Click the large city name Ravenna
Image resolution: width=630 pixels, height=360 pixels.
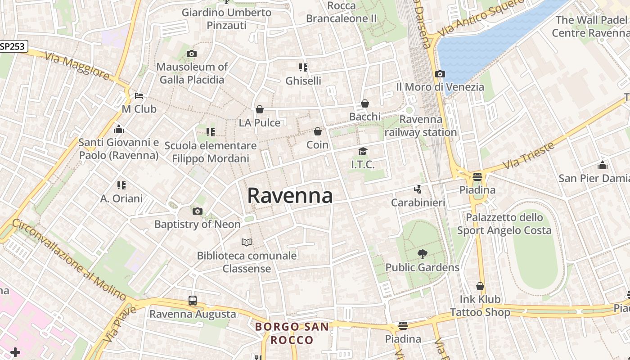point(290,196)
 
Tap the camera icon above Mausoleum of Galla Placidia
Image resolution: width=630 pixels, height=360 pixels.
point(191,54)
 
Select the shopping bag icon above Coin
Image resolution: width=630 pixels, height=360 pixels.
point(318,131)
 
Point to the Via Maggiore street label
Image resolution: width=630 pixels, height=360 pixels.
point(77,66)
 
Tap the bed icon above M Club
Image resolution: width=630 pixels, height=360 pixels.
point(139,96)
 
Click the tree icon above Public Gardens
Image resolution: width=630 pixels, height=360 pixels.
point(422,254)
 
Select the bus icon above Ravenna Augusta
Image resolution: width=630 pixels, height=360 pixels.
point(193,301)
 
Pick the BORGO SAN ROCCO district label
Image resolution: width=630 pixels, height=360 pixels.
point(292,333)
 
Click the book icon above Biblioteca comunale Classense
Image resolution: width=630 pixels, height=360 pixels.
point(246,243)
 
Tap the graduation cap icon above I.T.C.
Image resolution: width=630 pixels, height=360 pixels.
point(363,151)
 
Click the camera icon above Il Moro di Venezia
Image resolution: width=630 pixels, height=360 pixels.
point(440,74)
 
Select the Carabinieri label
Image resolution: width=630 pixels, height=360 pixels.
point(418,202)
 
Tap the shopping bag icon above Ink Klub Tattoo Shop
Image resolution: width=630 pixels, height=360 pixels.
point(480,286)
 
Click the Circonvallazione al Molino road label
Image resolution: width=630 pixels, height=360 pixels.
point(69,260)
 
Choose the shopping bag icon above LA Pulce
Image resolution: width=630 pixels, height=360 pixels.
point(260,109)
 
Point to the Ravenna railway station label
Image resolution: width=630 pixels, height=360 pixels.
point(421,126)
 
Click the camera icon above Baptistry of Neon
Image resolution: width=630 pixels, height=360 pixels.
point(197,211)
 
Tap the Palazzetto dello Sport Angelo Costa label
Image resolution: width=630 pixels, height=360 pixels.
point(504,224)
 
